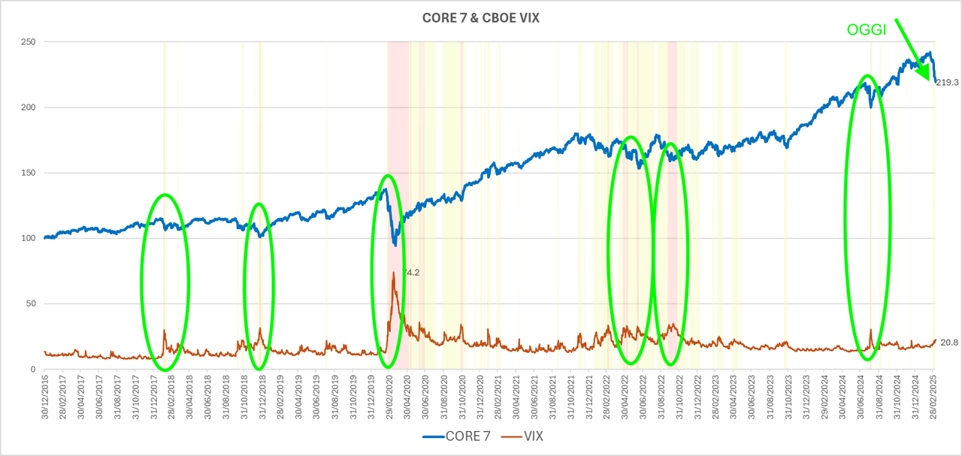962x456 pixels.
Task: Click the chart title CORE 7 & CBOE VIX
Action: [480, 18]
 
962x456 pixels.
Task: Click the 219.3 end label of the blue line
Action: [948, 82]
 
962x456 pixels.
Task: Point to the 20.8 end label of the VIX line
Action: [949, 343]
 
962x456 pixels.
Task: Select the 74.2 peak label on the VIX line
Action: [410, 273]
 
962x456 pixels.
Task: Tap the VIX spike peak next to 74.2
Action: [393, 273]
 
